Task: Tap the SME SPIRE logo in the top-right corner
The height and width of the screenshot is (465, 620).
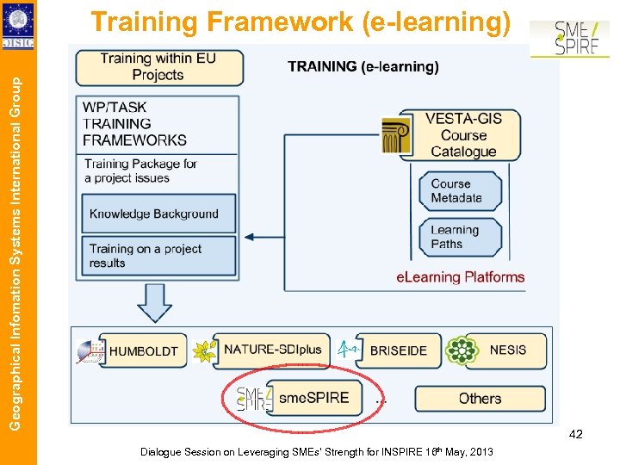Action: [569, 40]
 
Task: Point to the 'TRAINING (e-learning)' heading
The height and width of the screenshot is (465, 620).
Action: [363, 66]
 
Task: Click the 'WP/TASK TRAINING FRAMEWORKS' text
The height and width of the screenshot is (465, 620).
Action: [134, 123]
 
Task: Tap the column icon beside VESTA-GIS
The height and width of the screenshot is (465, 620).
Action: [397, 135]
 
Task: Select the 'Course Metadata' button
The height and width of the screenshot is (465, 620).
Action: [459, 190]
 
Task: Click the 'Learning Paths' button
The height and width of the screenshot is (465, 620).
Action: [459, 237]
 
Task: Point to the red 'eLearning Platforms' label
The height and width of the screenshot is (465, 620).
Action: [460, 277]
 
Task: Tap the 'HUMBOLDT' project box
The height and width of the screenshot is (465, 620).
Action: [143, 351]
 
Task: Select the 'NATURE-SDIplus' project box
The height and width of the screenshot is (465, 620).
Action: [272, 350]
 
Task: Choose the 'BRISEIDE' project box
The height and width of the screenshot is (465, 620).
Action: [398, 350]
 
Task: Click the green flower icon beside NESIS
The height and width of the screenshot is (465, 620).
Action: [462, 350]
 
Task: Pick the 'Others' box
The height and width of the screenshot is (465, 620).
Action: [480, 398]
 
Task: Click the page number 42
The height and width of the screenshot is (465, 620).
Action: [575, 434]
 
